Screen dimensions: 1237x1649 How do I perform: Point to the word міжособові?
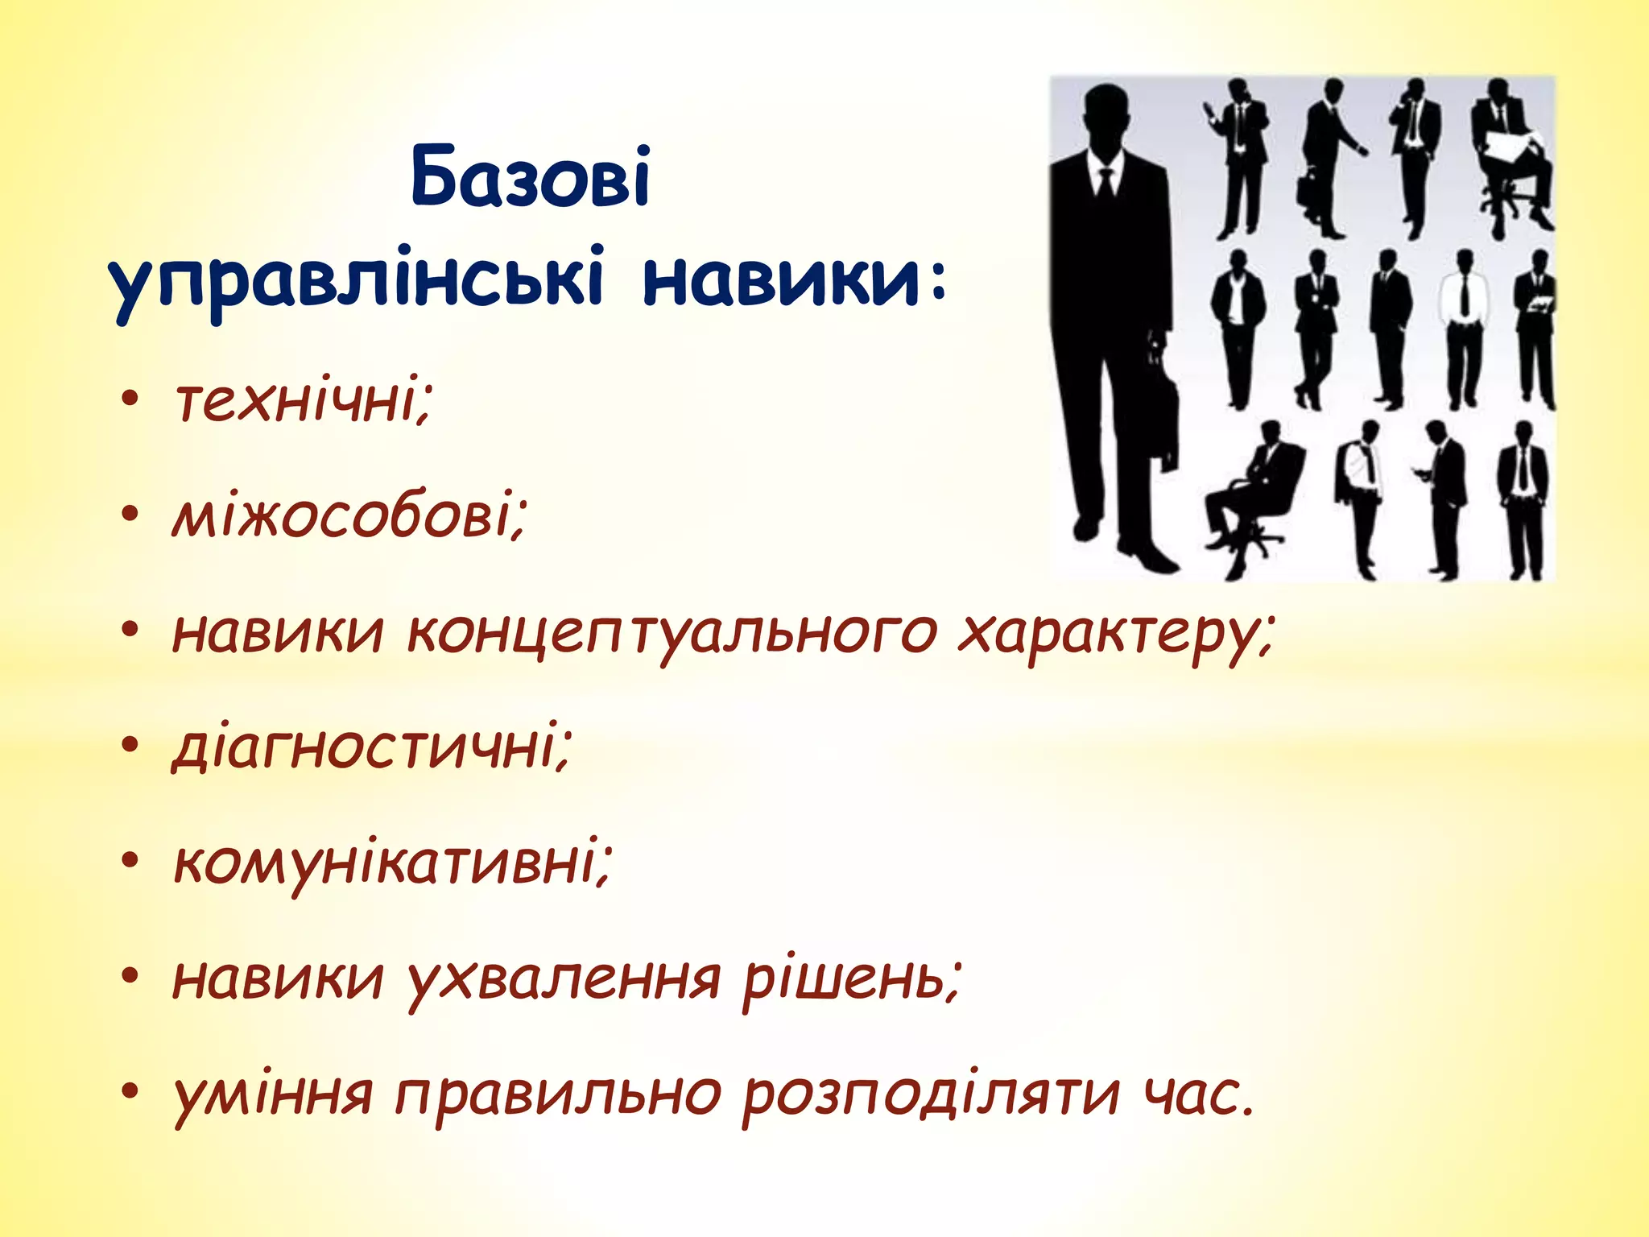pyautogui.click(x=349, y=516)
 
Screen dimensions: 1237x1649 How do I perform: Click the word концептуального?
pyautogui.click(x=672, y=632)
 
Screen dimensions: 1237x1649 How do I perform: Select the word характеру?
pyautogui.click(x=1115, y=632)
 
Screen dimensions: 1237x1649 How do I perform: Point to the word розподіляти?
pyautogui.click(x=931, y=1096)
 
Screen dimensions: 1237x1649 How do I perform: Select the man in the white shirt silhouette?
pyautogui.click(x=1463, y=330)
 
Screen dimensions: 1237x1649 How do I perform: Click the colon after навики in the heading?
pyautogui.click(x=936, y=283)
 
